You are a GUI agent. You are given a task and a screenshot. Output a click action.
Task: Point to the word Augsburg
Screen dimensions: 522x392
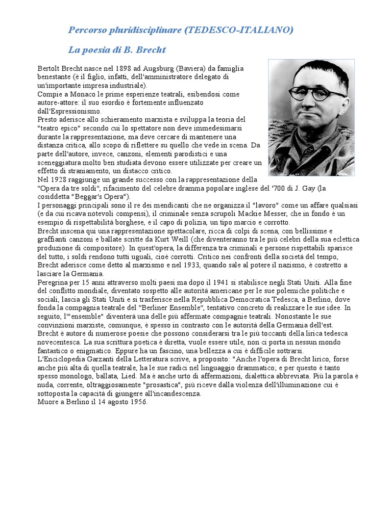click(x=155, y=68)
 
